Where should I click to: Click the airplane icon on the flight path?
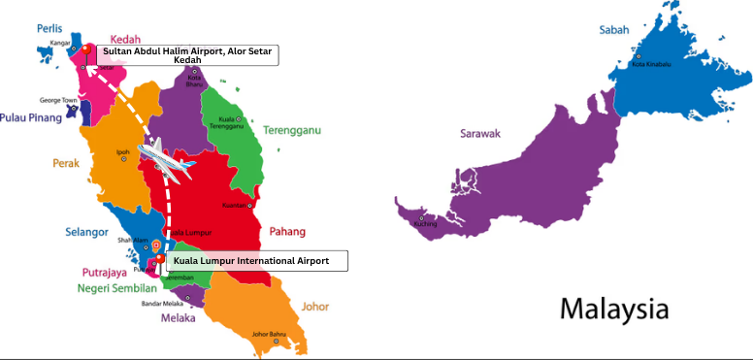pos(166,159)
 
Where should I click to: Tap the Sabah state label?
pos(614,30)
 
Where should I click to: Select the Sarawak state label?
pos(480,133)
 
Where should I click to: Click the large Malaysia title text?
pos(614,310)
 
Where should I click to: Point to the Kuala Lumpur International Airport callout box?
pos(256,261)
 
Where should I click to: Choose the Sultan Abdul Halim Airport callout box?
pos(187,55)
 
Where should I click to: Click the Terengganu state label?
pos(291,130)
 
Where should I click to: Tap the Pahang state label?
pos(287,231)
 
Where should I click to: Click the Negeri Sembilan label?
pos(117,288)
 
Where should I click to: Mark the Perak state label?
pos(65,164)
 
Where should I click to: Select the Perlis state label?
pos(49,28)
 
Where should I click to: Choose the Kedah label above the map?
pos(126,39)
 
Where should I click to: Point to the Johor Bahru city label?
pos(268,335)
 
